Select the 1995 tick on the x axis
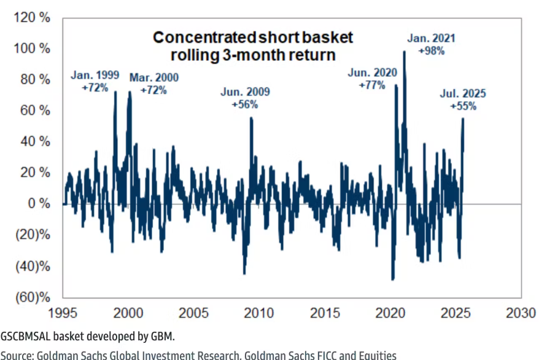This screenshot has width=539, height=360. (63, 311)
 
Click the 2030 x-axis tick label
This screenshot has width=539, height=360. (522, 311)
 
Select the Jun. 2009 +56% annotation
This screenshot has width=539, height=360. (245, 98)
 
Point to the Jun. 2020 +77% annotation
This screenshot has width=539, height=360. (373, 79)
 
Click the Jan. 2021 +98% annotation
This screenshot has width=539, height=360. (431, 45)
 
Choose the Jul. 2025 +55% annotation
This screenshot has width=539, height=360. (463, 100)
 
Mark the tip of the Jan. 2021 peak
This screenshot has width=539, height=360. (404, 52)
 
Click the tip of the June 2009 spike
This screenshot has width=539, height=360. (251, 117)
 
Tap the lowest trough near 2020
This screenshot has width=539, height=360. (393, 280)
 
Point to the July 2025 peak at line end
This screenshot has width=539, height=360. (463, 119)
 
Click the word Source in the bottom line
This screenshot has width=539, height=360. (17, 354)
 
